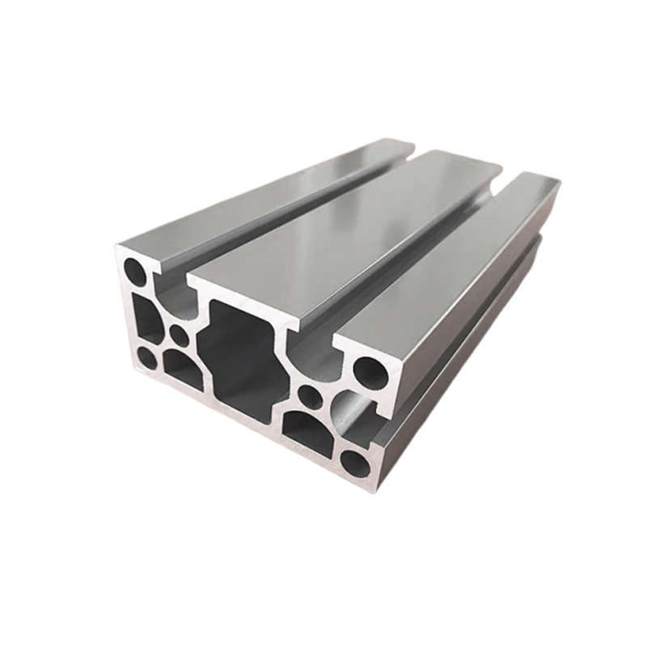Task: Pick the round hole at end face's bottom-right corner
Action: click(354, 463)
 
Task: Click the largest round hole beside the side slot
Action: click(371, 372)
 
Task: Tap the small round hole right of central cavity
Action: click(310, 396)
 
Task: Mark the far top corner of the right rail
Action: click(556, 183)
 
